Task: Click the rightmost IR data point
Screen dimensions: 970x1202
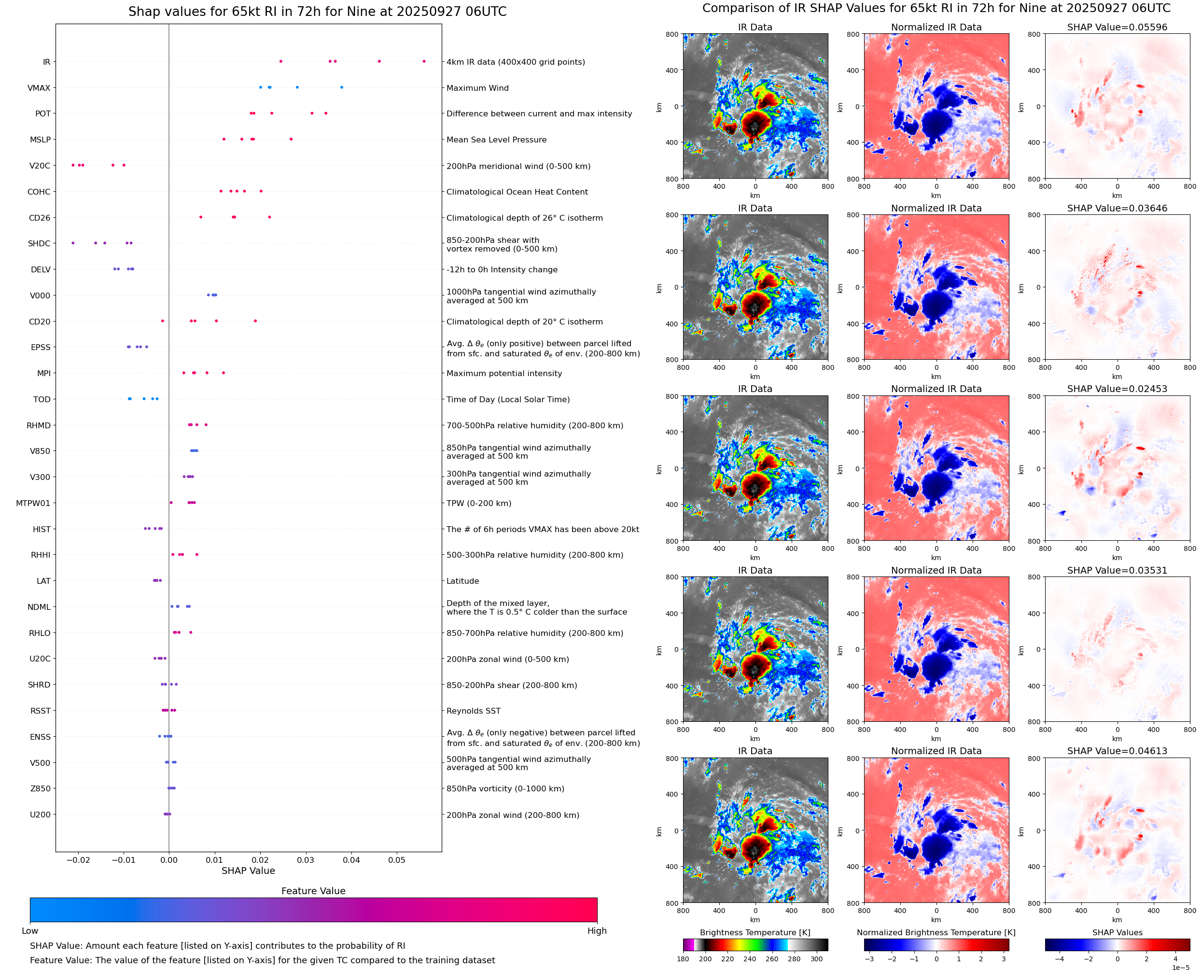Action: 424,61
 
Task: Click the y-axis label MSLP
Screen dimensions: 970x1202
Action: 40,140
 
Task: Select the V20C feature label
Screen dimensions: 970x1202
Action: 40,166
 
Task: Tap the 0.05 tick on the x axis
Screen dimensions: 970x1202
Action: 397,860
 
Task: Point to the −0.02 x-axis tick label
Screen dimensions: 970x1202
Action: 78,860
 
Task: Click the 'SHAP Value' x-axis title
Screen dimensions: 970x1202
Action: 248,871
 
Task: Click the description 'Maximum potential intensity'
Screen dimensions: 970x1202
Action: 504,373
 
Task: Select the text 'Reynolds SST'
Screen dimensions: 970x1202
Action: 473,711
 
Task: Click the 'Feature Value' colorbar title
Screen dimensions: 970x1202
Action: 313,891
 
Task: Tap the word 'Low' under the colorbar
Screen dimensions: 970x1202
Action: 29,930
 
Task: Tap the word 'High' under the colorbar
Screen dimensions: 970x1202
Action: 597,930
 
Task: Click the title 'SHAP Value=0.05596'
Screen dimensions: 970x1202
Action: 1117,28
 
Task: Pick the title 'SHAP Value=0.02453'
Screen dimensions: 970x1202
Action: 1117,389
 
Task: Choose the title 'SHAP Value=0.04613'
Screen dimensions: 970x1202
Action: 1117,751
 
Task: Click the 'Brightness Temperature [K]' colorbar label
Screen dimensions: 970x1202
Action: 755,932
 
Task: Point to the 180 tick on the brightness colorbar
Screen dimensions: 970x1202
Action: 683,959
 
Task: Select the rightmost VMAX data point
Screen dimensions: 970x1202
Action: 342,87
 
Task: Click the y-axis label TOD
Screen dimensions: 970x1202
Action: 42,399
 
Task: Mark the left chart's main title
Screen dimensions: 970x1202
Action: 317,12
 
